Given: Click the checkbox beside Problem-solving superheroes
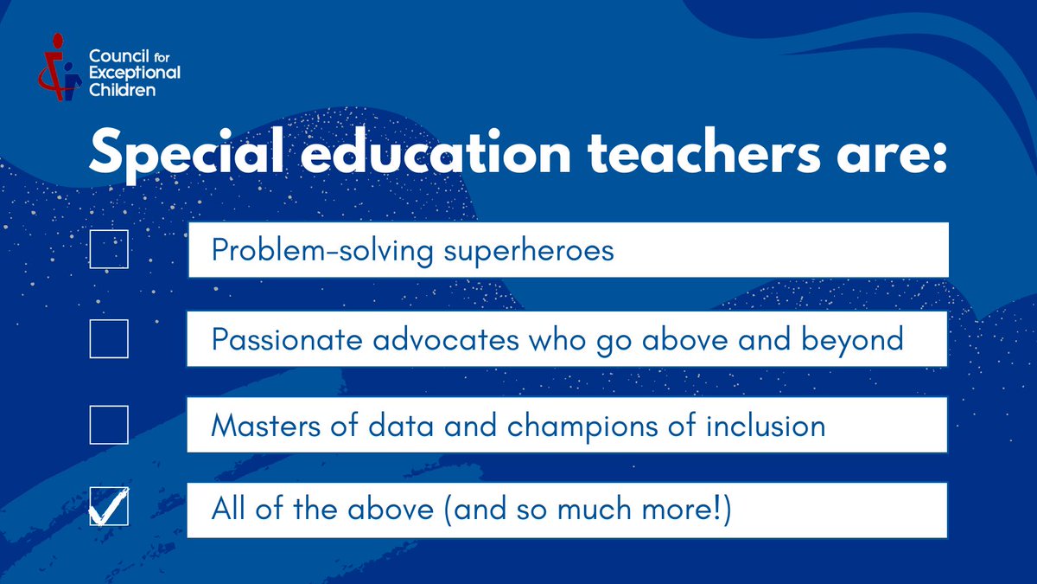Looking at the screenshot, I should tap(109, 249).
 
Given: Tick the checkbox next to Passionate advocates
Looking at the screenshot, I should tap(109, 338).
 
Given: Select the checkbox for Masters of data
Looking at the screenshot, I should tap(109, 425).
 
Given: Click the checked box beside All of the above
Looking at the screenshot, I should tap(109, 507).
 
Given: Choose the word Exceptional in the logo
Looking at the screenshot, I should tap(135, 73).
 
